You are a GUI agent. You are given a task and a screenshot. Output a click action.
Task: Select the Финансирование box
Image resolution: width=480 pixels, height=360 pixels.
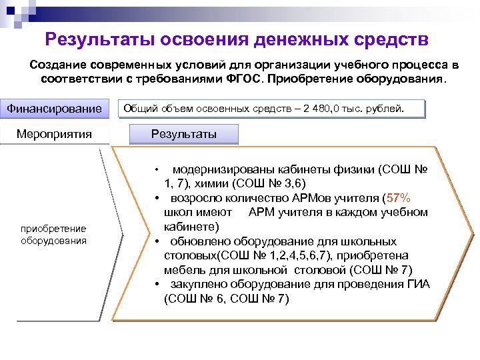coord(55,108)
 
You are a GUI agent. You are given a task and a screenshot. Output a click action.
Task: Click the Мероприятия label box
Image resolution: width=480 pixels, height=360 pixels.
coord(55,134)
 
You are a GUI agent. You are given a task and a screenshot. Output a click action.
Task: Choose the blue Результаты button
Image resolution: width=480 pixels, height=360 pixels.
coord(184,134)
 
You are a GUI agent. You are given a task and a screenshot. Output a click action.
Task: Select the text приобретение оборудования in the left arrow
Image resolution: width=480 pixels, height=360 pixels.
coord(53,235)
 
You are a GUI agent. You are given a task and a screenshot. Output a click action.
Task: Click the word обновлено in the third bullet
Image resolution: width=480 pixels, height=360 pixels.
coord(199,241)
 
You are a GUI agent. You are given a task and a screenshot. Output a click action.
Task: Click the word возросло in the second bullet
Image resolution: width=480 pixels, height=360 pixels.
coord(197,198)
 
